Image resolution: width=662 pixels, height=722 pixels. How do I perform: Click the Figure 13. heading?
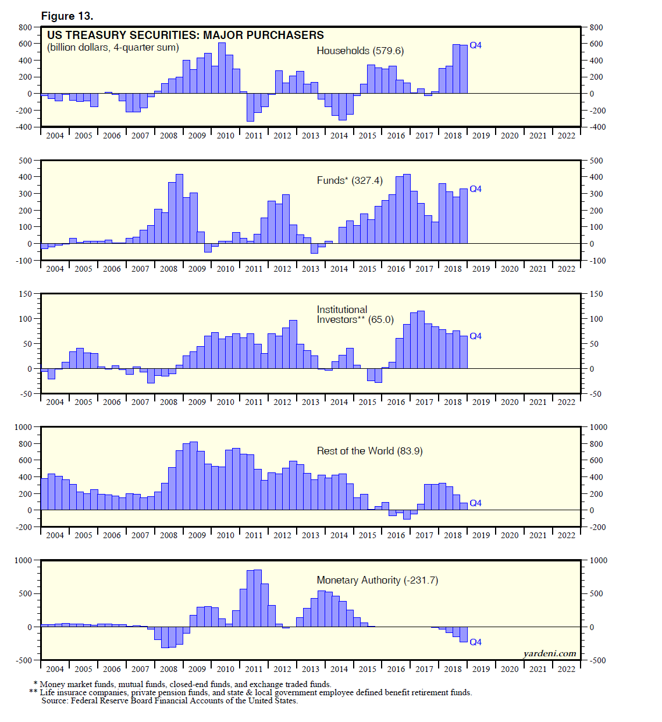pyautogui.click(x=67, y=16)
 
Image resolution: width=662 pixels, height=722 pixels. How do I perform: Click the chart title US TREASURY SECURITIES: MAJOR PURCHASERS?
pyautogui.click(x=185, y=35)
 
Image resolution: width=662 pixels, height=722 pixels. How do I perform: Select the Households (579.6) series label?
pyautogui.click(x=360, y=51)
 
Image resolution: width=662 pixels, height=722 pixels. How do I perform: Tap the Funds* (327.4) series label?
pyautogui.click(x=350, y=180)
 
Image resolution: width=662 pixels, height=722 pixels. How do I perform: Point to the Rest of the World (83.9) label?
pyautogui.click(x=369, y=451)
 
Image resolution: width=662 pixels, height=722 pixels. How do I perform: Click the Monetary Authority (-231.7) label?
pyautogui.click(x=377, y=580)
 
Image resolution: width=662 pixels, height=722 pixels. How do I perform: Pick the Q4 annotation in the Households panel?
pyautogui.click(x=475, y=45)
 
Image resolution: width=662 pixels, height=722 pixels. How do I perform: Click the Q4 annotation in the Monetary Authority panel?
pyautogui.click(x=475, y=642)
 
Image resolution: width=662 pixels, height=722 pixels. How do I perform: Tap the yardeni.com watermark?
pyautogui.click(x=549, y=653)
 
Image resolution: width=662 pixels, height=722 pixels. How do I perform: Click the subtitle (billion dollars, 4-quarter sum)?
pyautogui.click(x=113, y=48)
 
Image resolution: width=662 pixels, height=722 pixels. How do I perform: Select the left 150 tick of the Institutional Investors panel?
pyautogui.click(x=25, y=294)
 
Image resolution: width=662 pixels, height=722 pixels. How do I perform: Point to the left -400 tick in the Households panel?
pyautogui.click(x=24, y=127)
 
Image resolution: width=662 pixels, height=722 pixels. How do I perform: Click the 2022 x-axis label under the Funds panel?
pyautogui.click(x=566, y=269)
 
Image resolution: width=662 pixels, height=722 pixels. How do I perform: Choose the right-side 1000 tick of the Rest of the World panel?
pyautogui.click(x=599, y=427)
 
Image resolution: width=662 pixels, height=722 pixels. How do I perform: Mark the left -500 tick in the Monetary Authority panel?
pyautogui.click(x=24, y=660)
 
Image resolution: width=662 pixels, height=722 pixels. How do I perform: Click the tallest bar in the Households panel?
pyautogui.click(x=222, y=68)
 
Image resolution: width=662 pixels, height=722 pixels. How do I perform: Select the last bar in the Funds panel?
pyautogui.click(x=464, y=216)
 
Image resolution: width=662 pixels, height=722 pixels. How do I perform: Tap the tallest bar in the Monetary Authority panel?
pyautogui.click(x=258, y=598)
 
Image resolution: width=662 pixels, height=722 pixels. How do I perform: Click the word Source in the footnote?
pyautogui.click(x=54, y=700)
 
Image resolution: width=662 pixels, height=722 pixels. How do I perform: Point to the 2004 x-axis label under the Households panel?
pyautogui.click(x=55, y=136)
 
